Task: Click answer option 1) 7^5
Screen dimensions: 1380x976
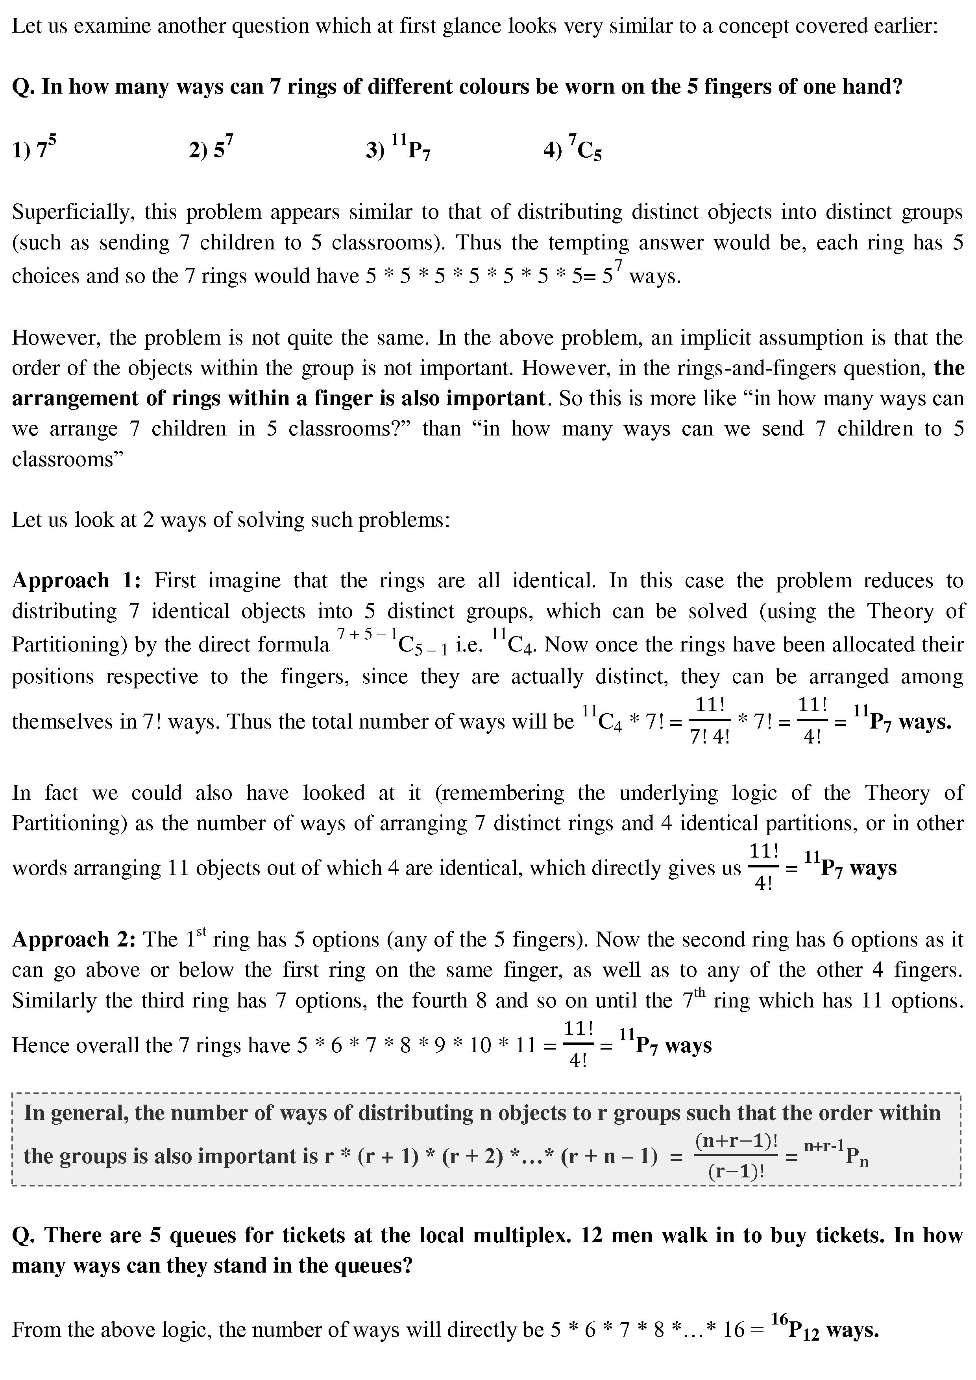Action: (34, 148)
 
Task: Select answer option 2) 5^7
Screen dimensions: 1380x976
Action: (211, 148)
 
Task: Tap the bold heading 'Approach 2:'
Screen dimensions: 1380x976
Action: (76, 939)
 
